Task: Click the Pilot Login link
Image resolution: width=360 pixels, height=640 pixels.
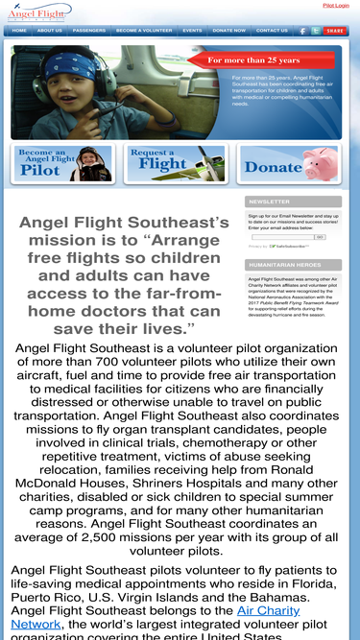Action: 336,5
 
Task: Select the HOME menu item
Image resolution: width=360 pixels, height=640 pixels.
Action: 19,31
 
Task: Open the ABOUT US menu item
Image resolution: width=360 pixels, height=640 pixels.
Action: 49,31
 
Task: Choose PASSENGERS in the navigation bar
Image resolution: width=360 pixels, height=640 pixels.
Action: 89,31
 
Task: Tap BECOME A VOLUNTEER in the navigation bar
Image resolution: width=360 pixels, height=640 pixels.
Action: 144,31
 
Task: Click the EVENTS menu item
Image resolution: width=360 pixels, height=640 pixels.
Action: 192,31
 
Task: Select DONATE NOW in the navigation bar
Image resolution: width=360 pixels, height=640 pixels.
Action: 228,31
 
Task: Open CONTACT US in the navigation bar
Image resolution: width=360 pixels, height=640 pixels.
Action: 272,31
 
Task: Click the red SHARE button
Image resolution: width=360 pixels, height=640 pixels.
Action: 334,31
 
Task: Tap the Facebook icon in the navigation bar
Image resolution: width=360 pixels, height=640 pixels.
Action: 303,31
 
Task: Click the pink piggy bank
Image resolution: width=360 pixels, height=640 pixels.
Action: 322,162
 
